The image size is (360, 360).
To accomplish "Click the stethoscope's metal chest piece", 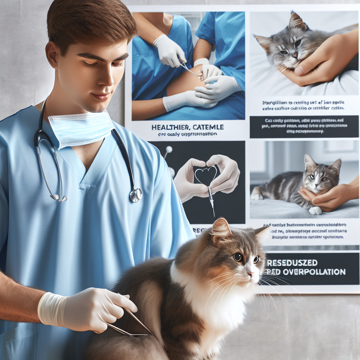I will tap(136, 194).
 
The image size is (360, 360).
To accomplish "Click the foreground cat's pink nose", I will tap(251, 274).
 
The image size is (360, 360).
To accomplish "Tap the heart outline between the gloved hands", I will tap(206, 175).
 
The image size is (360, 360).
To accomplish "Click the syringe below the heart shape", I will tap(211, 199).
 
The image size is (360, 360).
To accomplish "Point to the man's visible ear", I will tap(52, 54).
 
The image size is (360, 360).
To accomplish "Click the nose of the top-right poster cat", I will tap(295, 56).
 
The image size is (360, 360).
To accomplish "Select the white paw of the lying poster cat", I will tap(315, 211).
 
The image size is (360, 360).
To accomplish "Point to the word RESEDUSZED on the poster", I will tap(292, 263).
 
